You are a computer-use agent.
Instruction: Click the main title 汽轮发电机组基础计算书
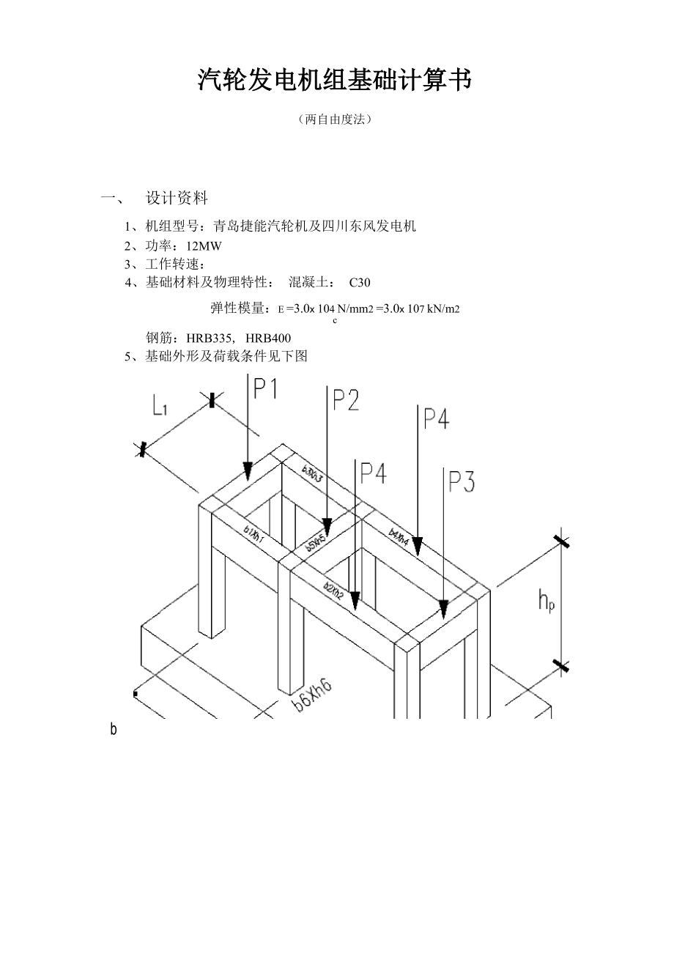click(x=334, y=81)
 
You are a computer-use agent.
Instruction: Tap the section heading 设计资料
click(x=177, y=198)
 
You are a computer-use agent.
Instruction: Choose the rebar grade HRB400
click(x=268, y=338)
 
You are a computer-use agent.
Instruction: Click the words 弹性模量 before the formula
click(x=239, y=308)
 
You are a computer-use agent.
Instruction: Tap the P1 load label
click(x=266, y=388)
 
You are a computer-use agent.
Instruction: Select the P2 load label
click(x=346, y=400)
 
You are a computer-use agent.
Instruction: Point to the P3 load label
click(x=462, y=482)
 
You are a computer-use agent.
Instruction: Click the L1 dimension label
click(x=160, y=405)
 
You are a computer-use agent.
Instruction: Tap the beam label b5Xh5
click(x=316, y=543)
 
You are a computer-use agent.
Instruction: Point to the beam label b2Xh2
click(x=334, y=590)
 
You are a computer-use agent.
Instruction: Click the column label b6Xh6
click(x=312, y=695)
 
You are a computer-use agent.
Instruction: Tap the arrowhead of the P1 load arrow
click(x=248, y=471)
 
